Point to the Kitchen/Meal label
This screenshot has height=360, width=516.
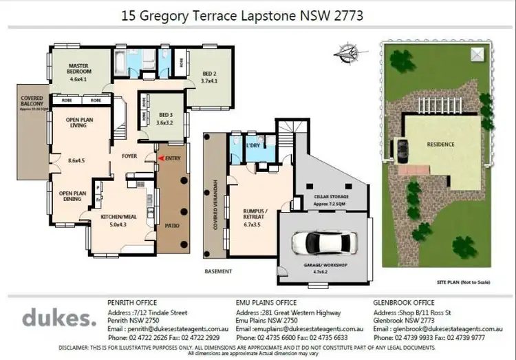coord(120,216)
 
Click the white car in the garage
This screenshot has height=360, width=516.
coord(325,242)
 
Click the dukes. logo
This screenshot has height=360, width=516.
coord(58,319)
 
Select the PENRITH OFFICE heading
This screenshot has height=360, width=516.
coord(132,302)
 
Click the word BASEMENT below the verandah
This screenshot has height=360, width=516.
coord(218,271)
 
